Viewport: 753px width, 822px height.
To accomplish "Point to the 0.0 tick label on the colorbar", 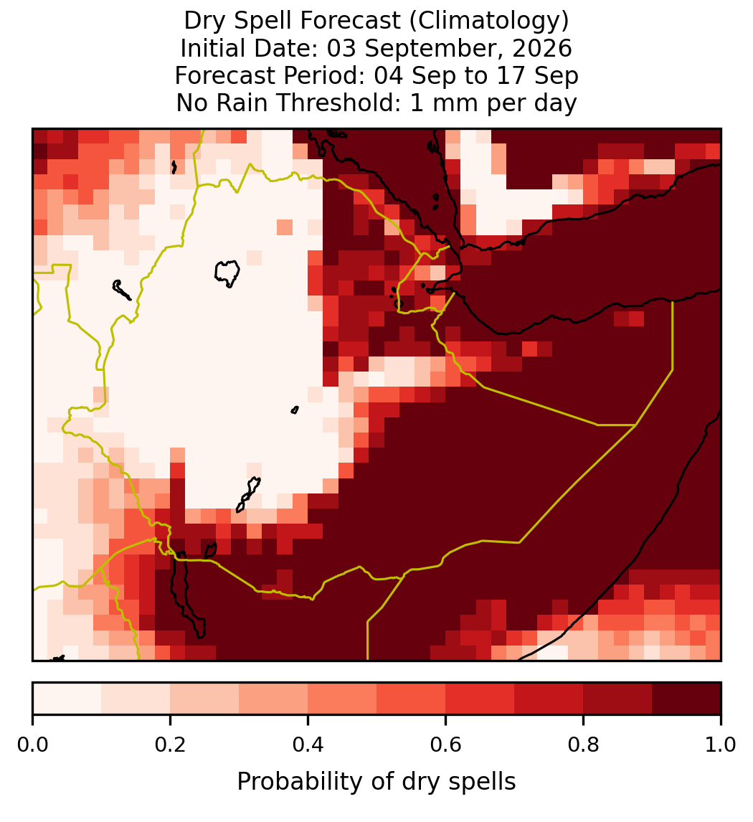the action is pyautogui.click(x=32, y=745).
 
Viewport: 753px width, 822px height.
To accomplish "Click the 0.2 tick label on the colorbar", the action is pyautogui.click(x=170, y=745).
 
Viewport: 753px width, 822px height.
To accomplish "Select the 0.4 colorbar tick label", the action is pyautogui.click(x=308, y=745).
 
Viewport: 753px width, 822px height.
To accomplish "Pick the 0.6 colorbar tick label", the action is pyautogui.click(x=446, y=745).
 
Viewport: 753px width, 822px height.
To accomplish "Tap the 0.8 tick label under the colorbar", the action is pyautogui.click(x=583, y=745).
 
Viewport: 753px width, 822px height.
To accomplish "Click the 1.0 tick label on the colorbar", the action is pyautogui.click(x=721, y=745).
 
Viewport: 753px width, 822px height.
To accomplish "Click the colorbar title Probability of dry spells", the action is pyautogui.click(x=376, y=782).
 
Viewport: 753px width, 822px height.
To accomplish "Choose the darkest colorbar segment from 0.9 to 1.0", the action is pyautogui.click(x=686, y=699).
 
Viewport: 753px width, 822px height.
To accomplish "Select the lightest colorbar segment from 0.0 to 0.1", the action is pyautogui.click(x=67, y=699).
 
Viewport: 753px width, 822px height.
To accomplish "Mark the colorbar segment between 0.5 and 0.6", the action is pyautogui.click(x=412, y=699).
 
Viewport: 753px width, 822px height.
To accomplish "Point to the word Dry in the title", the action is pyautogui.click(x=206, y=22).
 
